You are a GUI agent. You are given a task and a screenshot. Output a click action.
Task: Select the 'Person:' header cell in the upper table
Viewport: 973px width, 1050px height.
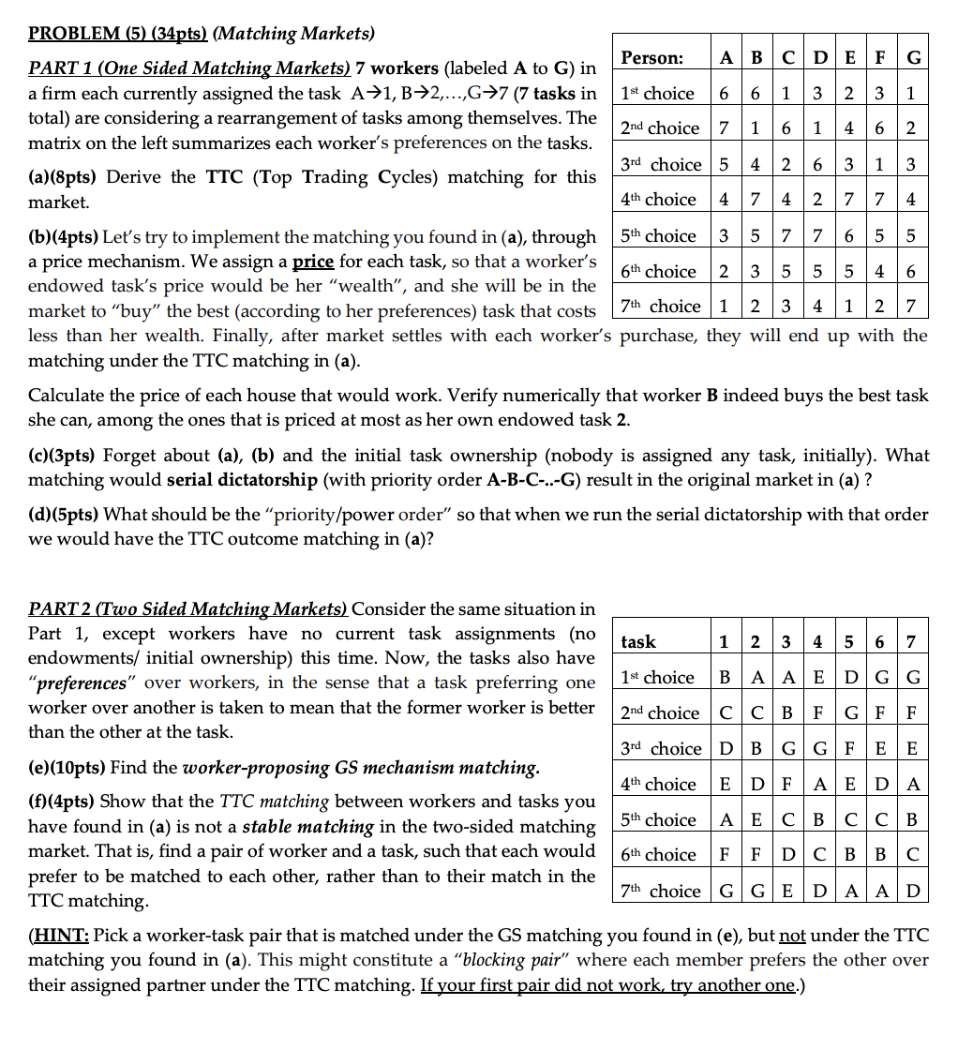point(652,58)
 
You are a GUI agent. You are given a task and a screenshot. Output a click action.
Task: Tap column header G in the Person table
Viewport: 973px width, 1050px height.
point(913,58)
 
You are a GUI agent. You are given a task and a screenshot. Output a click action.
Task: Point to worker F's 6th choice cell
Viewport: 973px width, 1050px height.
point(881,271)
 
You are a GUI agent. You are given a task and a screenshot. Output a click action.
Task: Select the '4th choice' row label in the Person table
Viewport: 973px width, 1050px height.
point(658,200)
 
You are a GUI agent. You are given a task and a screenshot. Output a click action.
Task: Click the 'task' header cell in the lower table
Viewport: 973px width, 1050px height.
point(638,642)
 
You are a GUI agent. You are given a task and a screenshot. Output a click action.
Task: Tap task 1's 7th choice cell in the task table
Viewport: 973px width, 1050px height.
point(724,891)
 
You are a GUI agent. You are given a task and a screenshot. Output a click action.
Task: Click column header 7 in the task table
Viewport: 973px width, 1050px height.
point(913,642)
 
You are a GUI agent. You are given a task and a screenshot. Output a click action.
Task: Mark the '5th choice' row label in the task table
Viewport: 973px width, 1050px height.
point(658,819)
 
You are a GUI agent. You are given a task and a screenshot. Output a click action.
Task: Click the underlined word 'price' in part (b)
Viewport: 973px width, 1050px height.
point(314,262)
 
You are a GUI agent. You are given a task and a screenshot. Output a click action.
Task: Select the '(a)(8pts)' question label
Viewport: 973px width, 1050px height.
point(66,177)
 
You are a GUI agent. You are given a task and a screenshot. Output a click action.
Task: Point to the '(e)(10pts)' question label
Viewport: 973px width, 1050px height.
point(68,768)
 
